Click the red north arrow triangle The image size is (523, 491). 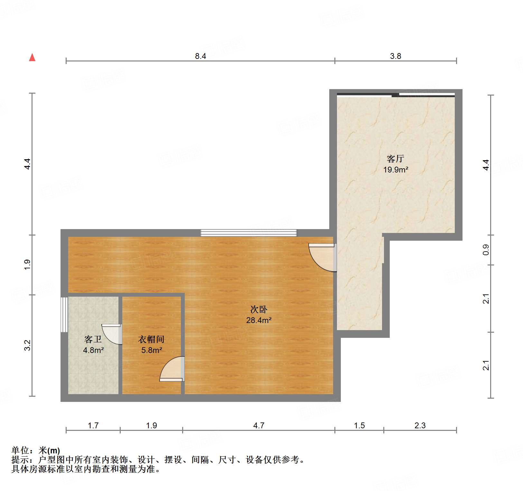click(x=32, y=58)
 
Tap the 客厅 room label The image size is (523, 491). click(x=395, y=159)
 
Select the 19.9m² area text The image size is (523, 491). click(x=396, y=170)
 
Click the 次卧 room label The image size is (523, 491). click(x=259, y=310)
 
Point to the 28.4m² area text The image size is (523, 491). click(x=259, y=320)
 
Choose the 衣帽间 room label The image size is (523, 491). click(x=151, y=339)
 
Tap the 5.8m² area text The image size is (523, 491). click(x=151, y=350)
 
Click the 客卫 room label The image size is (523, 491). click(x=93, y=339)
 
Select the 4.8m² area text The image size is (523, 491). click(x=93, y=350)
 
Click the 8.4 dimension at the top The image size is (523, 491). click(x=200, y=56)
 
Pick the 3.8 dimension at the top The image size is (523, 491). click(x=396, y=56)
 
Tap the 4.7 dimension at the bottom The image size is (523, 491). click(x=259, y=426)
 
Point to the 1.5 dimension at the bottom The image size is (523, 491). click(x=359, y=426)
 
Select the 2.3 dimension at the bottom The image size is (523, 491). click(x=420, y=426)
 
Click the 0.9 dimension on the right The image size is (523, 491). click(x=486, y=250)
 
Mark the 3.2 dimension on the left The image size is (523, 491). click(x=27, y=345)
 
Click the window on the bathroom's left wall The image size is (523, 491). click(x=64, y=314)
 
